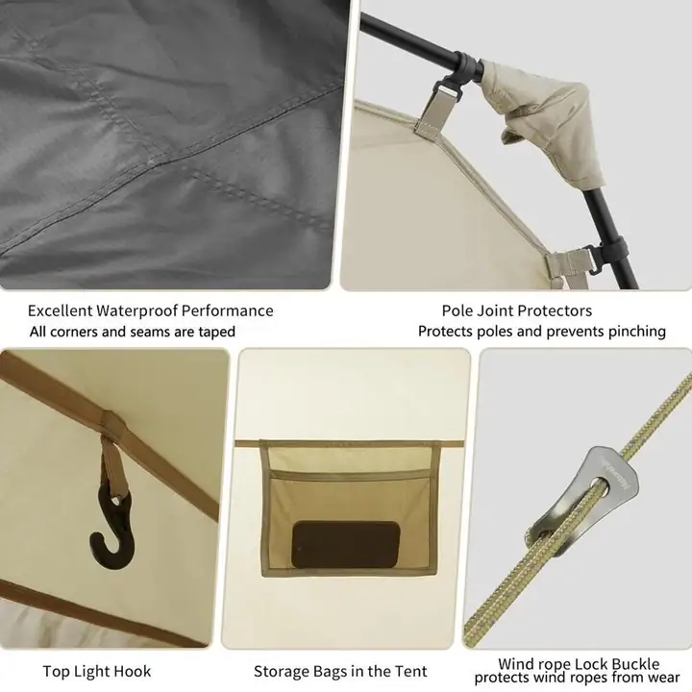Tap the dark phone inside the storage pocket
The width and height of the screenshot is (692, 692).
point(346,545)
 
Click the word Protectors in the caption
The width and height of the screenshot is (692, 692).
point(556,311)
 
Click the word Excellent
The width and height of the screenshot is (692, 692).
point(60,311)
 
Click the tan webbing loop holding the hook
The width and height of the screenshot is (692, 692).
point(111,467)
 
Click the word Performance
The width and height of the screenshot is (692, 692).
point(228,311)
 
